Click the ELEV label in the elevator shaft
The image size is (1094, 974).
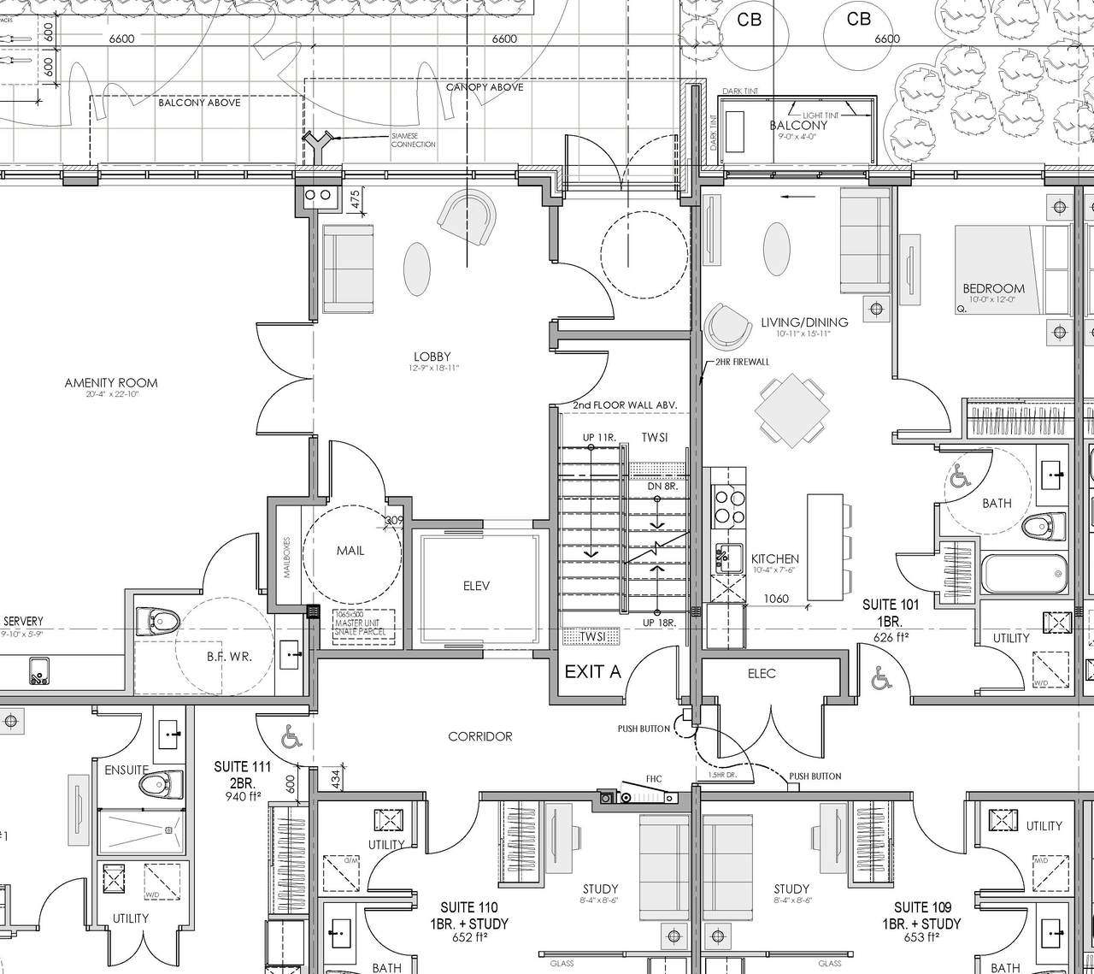476,586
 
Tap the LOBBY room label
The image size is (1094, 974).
432,357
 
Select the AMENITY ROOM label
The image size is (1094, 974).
111,383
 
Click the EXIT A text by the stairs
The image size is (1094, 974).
592,672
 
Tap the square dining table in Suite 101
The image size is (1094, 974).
792,409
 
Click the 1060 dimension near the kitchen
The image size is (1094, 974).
775,599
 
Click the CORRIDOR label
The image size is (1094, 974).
480,736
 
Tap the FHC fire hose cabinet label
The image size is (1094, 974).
654,779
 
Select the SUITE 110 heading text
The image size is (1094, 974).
469,907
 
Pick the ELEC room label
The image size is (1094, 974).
762,674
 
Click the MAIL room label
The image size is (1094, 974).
350,551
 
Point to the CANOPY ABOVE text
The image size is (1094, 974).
485,87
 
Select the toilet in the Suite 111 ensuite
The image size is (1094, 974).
163,782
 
